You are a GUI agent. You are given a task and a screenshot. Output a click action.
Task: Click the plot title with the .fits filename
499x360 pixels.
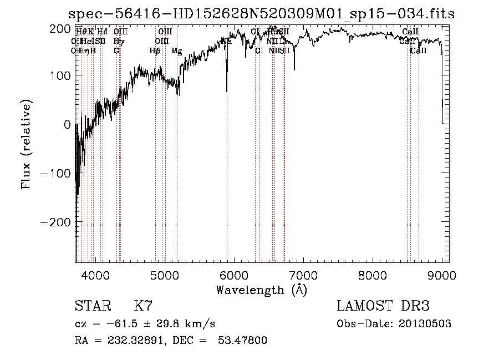point(258,14)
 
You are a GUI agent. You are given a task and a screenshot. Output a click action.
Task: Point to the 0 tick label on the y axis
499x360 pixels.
point(67,124)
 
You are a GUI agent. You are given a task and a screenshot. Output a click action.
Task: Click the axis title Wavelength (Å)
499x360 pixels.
point(261,290)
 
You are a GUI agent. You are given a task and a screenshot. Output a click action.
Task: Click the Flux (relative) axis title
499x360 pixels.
point(26,145)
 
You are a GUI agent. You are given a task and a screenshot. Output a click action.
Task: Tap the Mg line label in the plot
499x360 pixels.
point(176,51)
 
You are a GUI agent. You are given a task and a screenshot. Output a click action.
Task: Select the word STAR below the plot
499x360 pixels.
point(92,306)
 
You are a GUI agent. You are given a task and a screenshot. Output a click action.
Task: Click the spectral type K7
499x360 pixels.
point(144,306)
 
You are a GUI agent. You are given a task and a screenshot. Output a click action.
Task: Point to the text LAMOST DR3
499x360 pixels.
point(383,306)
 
